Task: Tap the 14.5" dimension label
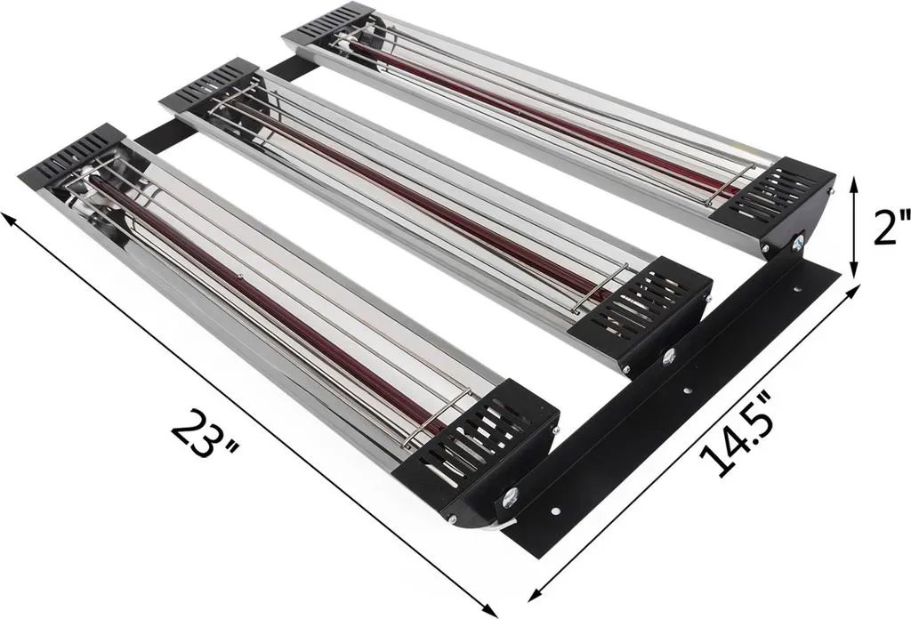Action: pos(736,432)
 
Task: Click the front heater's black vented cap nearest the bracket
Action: pos(475,444)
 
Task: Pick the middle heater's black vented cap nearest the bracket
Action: pos(641,308)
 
